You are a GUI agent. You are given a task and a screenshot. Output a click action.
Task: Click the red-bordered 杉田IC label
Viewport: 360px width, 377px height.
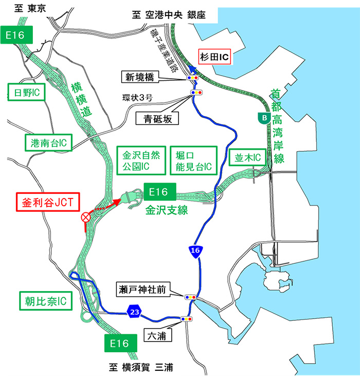215,57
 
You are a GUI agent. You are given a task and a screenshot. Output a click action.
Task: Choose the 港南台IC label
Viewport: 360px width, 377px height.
47,141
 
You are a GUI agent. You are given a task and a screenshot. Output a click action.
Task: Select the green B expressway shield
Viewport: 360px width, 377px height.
264,118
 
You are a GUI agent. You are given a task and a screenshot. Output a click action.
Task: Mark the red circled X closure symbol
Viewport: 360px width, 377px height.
85,218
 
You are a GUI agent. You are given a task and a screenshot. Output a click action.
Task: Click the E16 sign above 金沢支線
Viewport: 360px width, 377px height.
160,192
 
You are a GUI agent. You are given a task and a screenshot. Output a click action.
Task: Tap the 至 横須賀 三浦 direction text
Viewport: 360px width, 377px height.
140,367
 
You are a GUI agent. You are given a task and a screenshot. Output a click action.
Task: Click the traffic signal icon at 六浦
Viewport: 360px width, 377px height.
187,319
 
